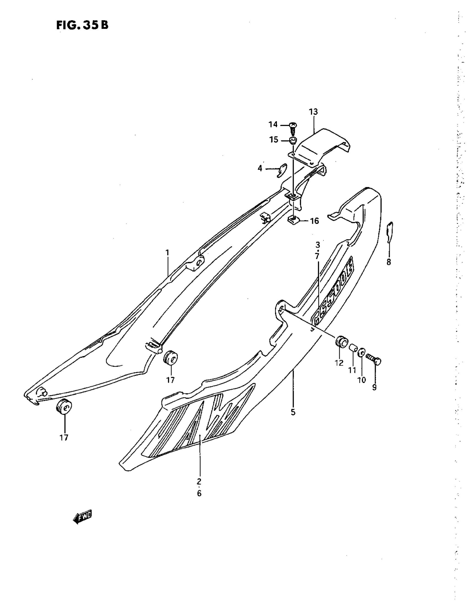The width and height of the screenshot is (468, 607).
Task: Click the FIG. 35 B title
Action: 82,25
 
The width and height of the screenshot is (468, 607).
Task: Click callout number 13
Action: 313,112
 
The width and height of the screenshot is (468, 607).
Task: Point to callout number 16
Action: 314,221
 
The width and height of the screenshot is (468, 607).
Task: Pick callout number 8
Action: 389,261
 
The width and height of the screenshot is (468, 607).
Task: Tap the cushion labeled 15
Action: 293,140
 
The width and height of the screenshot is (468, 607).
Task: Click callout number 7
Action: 317,256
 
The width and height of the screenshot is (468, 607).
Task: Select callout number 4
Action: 260,168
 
